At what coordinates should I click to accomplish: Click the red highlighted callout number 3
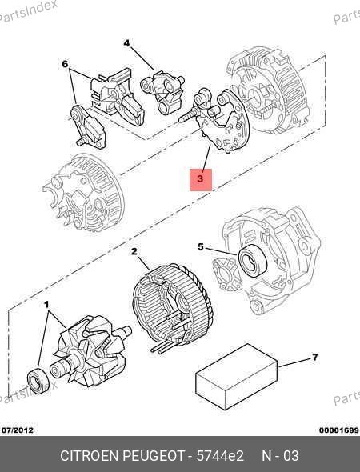point(201,179)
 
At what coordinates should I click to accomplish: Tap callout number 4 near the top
point(126,43)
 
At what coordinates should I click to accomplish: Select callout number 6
point(65,64)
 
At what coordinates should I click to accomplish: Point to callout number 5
point(201,247)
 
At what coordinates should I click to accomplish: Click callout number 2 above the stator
point(134,251)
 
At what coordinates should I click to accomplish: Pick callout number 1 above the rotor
point(46,305)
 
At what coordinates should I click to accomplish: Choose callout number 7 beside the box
point(315,358)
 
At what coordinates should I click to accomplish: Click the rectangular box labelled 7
point(237,377)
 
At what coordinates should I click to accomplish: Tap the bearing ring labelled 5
point(253,261)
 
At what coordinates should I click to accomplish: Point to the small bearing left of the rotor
point(38,381)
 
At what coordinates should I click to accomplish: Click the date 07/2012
point(18,430)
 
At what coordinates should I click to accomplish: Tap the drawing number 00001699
point(339,430)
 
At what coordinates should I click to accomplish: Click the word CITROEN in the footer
point(90,456)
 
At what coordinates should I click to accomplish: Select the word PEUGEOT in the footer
point(154,456)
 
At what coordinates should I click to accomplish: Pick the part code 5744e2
point(220,456)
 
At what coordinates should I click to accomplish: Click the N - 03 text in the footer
point(281,456)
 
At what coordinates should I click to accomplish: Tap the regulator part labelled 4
point(162,93)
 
